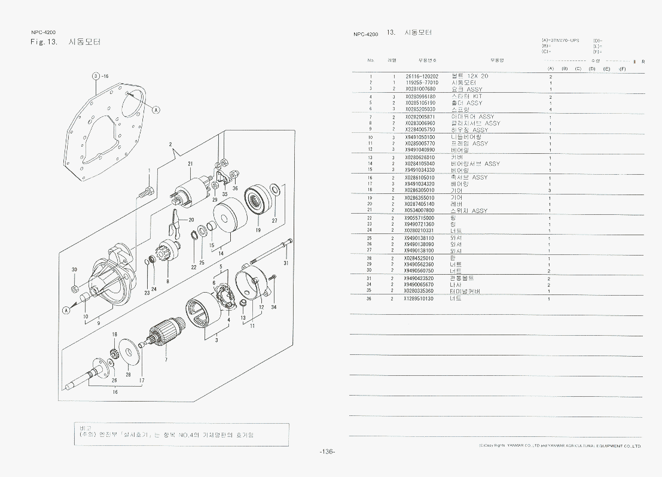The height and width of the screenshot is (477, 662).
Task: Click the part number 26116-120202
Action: click(422, 77)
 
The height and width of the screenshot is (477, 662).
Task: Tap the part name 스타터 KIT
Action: click(466, 96)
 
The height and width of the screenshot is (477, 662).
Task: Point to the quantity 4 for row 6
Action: click(550, 110)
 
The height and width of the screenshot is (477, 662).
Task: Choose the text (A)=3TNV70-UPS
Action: click(560, 40)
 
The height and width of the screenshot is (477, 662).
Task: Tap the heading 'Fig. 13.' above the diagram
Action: click(44, 42)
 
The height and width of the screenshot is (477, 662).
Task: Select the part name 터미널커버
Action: click(466, 291)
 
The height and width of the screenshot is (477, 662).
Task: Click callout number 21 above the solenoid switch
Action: click(190, 164)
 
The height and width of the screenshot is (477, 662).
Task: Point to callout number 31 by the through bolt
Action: click(286, 263)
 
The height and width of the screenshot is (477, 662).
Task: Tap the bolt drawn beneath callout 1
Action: click(146, 193)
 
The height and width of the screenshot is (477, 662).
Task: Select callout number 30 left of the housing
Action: click(74, 270)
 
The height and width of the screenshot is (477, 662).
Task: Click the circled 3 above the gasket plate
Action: click(95, 77)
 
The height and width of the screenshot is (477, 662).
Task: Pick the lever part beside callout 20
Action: click(174, 222)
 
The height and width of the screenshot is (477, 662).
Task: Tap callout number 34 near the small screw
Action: click(274, 307)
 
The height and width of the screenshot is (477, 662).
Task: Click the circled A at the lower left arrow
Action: click(67, 309)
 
